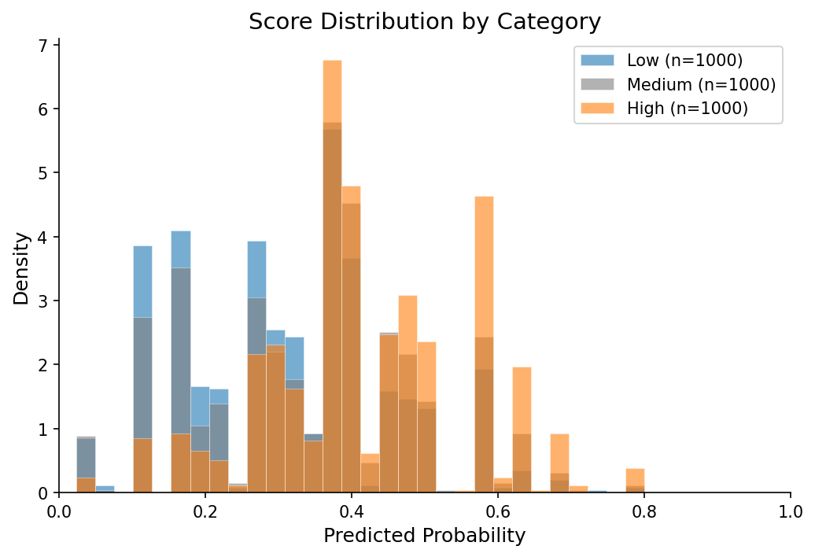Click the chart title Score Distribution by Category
(425, 21)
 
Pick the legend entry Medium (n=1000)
(701, 84)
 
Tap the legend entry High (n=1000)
(687, 109)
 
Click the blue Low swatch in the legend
(596, 60)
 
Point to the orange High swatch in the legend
(596, 109)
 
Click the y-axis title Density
(21, 268)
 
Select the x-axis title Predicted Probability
(425, 537)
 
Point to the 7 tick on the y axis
(45, 45)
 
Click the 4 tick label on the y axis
(45, 237)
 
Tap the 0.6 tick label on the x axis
(498, 509)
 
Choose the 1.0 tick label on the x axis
(791, 509)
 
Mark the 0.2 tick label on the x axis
(205, 509)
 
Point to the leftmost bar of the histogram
(87, 464)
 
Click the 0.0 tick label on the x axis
(59, 509)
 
